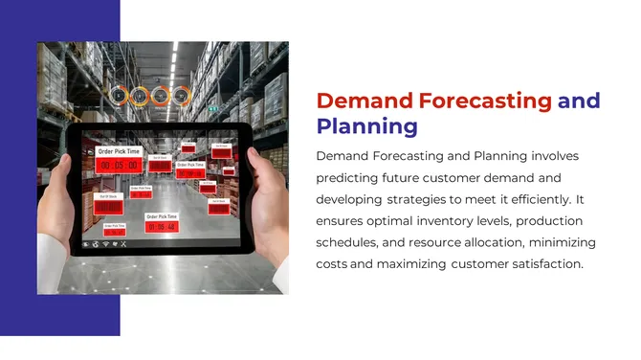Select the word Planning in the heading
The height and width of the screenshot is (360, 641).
tap(366, 125)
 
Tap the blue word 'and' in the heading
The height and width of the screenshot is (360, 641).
tap(579, 101)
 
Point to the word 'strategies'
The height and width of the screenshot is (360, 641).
tap(425, 199)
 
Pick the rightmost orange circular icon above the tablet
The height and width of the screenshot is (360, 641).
tap(184, 96)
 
